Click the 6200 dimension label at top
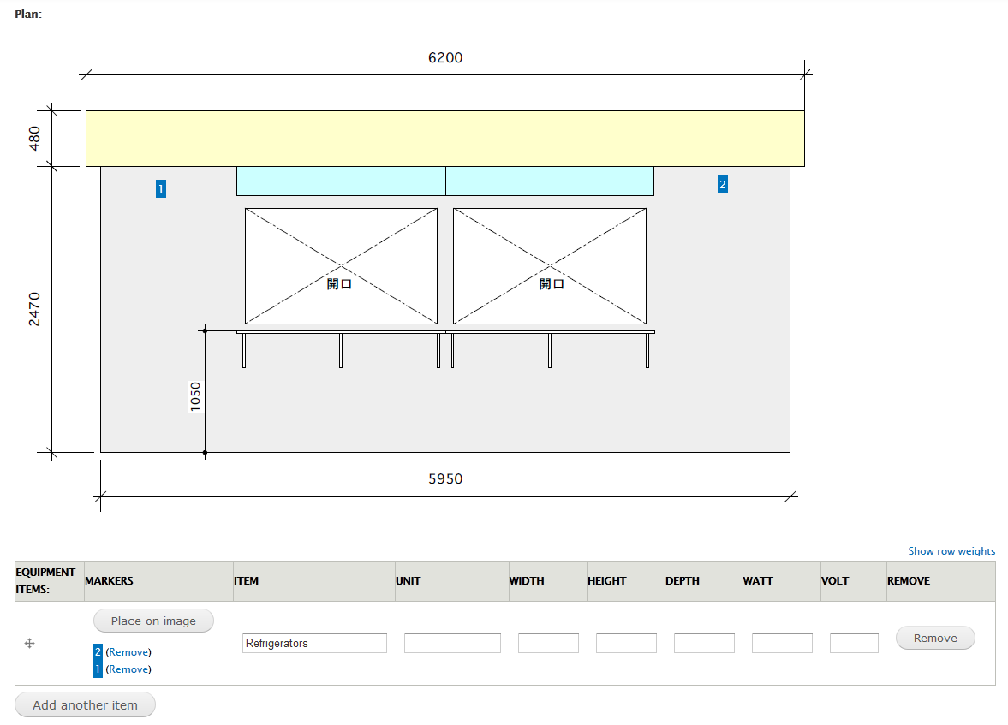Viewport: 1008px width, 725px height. coord(445,58)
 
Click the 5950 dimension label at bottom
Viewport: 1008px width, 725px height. coord(445,479)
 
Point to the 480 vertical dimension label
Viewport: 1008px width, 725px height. coord(35,138)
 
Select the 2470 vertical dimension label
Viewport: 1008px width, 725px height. coord(35,309)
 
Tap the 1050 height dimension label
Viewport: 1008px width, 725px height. coord(195,396)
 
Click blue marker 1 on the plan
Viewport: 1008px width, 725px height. coord(161,189)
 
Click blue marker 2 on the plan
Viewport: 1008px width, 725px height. coord(723,184)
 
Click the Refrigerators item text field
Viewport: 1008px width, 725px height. coord(314,643)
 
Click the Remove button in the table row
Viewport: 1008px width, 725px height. coord(934,638)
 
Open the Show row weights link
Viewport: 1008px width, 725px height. coord(951,551)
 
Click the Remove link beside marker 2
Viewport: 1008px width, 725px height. coord(128,652)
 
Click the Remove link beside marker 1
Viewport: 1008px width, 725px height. coord(128,669)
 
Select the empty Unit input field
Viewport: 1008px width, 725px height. coord(452,643)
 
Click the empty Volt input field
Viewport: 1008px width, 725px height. coord(854,643)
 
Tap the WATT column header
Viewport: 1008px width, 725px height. coord(758,580)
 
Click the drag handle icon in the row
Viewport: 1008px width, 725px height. coord(29,644)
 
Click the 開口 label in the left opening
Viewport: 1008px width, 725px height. coord(339,284)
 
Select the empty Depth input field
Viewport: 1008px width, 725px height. coord(704,643)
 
